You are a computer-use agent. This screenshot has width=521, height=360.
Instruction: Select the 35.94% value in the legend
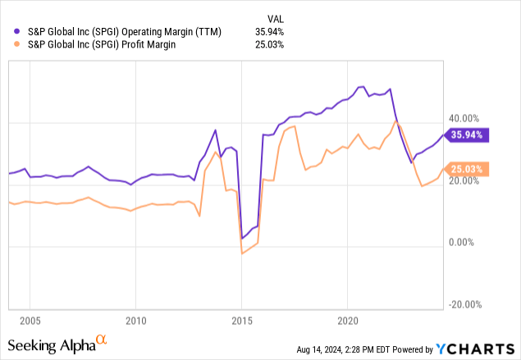(267, 31)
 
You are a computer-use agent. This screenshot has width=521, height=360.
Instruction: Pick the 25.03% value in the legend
(267, 44)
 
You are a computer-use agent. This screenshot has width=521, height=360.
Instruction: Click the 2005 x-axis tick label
(30, 319)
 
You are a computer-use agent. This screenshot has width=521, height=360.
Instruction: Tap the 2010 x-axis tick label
(136, 319)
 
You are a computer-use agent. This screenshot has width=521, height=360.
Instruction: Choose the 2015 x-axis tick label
(242, 319)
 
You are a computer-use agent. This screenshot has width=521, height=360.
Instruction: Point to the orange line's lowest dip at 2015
(242, 253)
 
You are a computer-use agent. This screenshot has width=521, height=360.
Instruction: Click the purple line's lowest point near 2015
(242, 239)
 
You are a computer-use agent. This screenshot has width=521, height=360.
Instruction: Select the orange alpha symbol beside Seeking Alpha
(102, 338)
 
